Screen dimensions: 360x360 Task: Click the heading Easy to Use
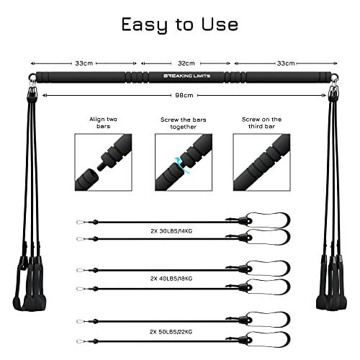point(179,24)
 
